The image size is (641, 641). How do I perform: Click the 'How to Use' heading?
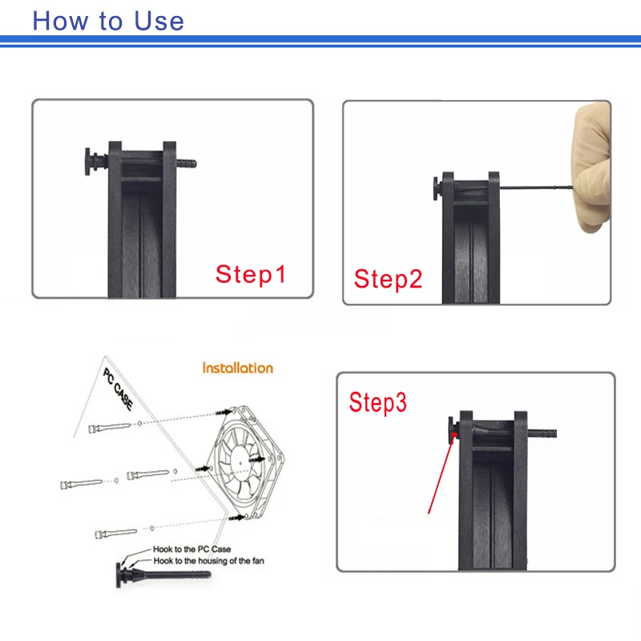[108, 21]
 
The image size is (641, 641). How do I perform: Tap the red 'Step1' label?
[251, 274]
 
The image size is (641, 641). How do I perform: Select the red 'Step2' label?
[388, 279]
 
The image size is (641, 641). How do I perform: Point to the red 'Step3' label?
[377, 403]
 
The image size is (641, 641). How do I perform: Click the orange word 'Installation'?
[237, 368]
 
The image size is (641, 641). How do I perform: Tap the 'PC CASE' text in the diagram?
[118, 389]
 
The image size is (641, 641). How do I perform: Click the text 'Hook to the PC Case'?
[191, 549]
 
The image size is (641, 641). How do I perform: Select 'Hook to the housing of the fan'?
[208, 561]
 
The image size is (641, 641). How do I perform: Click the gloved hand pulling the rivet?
[591, 167]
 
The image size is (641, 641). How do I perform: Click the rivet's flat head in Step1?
[88, 162]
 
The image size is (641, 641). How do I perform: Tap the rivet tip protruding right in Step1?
[187, 163]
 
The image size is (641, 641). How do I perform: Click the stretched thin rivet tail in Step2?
[536, 187]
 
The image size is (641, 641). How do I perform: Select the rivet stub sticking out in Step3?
[542, 433]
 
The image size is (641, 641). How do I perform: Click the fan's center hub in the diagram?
[240, 462]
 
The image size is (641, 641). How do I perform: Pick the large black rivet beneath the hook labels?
[163, 574]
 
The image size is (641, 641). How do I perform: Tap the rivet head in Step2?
[436, 188]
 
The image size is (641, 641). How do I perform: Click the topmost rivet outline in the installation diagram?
[110, 428]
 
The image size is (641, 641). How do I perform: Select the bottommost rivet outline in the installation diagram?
[115, 533]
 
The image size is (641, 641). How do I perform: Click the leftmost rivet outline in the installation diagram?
[81, 484]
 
